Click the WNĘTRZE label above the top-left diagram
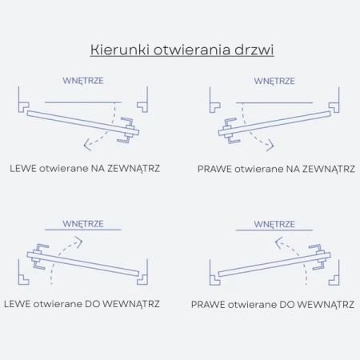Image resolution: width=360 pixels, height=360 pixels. (83, 81)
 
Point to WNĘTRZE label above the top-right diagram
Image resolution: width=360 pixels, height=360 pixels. (274, 81)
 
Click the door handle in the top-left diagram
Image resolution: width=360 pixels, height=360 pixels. (129, 131)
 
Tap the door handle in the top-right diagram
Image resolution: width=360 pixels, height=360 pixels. (230, 131)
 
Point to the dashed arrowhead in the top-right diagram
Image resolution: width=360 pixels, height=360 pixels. (276, 145)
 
